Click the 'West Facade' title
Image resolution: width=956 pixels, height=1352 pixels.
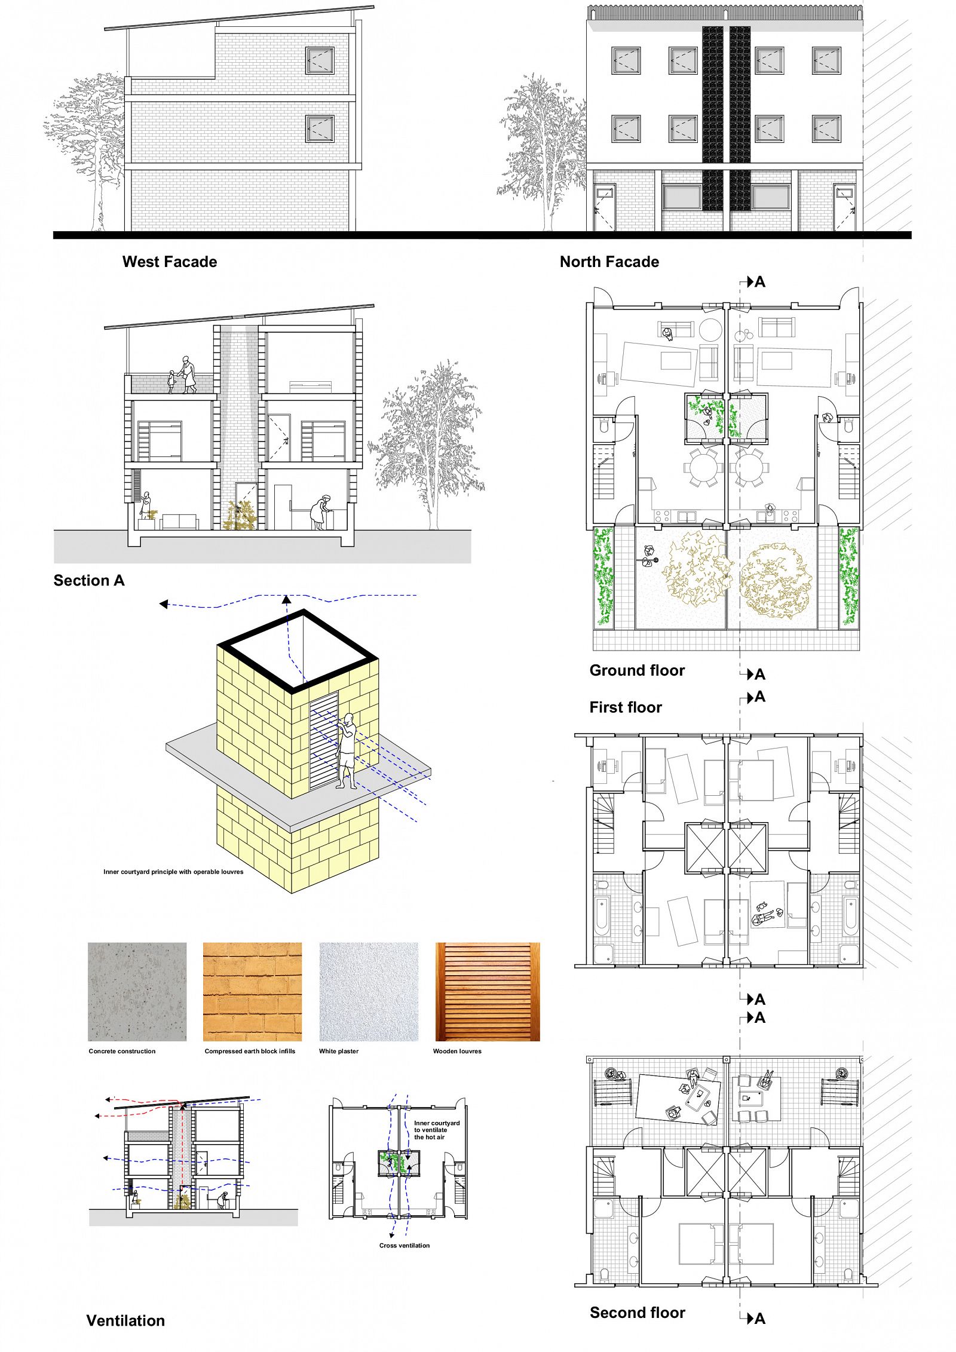tap(170, 262)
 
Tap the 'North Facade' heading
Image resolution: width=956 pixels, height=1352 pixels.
tap(609, 262)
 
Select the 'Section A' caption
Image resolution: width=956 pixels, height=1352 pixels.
tap(89, 580)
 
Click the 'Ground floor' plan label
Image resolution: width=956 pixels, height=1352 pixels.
tap(637, 670)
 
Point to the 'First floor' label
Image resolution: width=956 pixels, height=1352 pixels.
tap(626, 707)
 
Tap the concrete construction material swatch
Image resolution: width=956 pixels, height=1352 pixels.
tap(137, 992)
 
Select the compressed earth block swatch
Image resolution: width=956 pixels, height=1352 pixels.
tap(252, 992)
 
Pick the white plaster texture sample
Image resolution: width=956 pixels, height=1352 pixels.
tap(369, 992)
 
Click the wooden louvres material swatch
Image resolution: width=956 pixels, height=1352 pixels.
tap(488, 992)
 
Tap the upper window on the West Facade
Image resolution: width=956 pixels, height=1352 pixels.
tap(320, 60)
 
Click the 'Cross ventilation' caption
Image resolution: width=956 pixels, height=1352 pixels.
tap(405, 1246)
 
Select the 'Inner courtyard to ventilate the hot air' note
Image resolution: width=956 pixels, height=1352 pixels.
tap(437, 1130)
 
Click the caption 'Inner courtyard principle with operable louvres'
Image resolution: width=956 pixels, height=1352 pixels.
tap(173, 872)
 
